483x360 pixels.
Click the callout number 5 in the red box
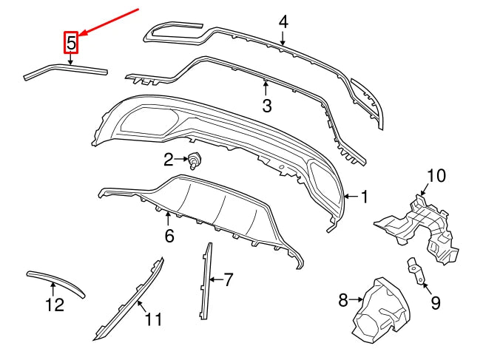tap(71, 44)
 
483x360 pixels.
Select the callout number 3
tap(267, 106)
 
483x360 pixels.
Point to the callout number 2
tap(169, 159)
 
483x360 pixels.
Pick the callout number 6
tap(169, 237)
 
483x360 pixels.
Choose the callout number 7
tap(229, 279)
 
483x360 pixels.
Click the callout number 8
tap(343, 300)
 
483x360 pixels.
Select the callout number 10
tap(436, 176)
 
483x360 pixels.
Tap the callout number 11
tap(153, 319)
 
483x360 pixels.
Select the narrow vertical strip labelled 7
tap(205, 281)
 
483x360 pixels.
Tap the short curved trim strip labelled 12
tap(56, 280)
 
